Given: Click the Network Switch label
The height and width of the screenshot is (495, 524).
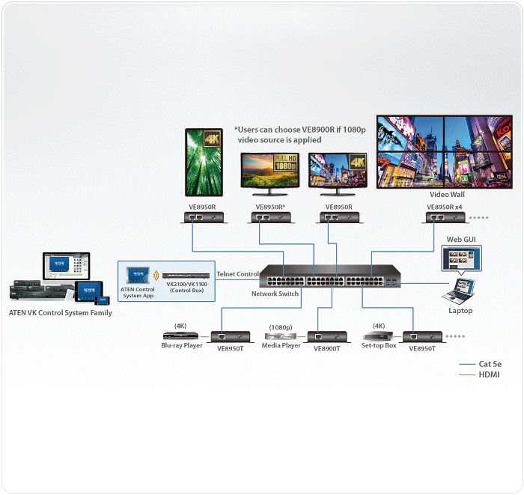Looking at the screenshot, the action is pos(275,294).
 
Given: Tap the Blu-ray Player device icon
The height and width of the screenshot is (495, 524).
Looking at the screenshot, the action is pos(180,335).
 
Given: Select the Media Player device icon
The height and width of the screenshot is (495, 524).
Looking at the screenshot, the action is pos(281,336).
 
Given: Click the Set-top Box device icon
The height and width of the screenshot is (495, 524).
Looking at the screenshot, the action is pos(378,335).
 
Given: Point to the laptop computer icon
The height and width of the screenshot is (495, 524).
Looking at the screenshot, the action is pos(458,291).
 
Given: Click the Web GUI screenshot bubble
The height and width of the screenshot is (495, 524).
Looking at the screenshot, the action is pos(462,258).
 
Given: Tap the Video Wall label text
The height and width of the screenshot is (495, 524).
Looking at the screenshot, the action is pos(447,194).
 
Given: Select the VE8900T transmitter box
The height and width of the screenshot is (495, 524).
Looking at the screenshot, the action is pos(327,337).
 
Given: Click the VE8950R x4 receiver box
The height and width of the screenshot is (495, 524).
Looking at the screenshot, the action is pos(445,218).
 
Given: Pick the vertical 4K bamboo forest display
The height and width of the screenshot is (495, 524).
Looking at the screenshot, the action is pos(204,163).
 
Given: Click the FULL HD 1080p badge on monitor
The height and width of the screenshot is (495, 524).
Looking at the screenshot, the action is pos(285,163).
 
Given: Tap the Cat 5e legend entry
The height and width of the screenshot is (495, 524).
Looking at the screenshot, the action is pos(481,364).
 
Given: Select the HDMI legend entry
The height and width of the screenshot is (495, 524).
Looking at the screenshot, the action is pos(480,374).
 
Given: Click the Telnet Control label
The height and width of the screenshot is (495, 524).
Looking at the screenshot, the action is pos(237,274).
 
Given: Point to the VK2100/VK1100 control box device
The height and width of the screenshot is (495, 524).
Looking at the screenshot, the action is pos(186,276).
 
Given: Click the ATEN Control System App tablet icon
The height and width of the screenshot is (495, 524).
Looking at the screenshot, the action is pos(138,275).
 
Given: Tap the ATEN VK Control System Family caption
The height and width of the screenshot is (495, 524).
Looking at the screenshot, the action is pos(61,313).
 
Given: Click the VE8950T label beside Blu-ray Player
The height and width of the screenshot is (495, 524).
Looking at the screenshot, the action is pos(231,349).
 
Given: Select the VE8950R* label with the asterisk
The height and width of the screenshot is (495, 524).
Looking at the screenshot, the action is pos(270,207).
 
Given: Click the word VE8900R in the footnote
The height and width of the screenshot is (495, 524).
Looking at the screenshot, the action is pos(318,130).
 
